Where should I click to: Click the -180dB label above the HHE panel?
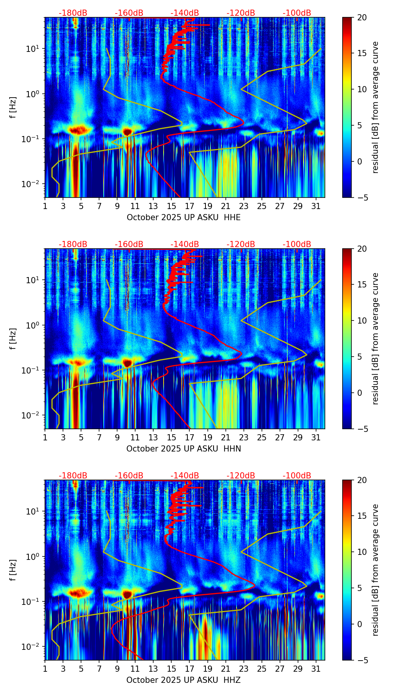[73, 13]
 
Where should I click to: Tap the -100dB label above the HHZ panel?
[297, 476]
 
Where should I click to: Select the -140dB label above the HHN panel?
[185, 244]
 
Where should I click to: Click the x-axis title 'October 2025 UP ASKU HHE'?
[184, 217]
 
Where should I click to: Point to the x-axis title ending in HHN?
[184, 449]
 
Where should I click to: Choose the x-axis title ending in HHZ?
[184, 680]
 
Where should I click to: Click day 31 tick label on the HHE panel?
[316, 206]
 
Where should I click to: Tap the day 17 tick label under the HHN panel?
[189, 437]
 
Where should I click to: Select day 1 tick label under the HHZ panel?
[45, 669]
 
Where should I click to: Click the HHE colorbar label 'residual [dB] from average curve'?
[376, 108]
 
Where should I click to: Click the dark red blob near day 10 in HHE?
[127, 132]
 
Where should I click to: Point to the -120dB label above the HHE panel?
[241, 13]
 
